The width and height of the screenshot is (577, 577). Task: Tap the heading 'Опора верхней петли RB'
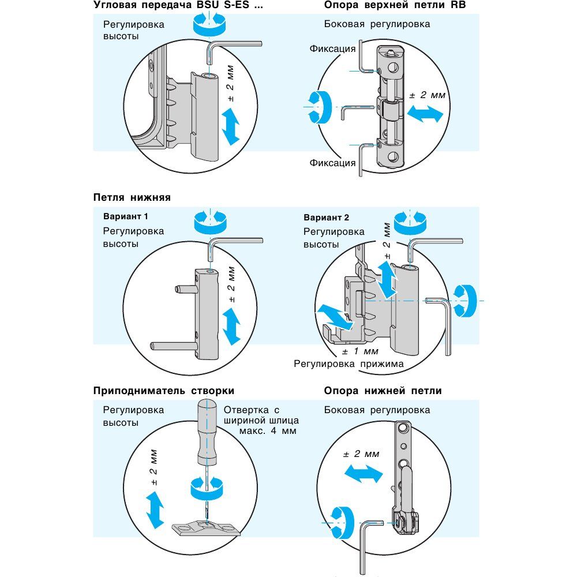[x=395, y=6]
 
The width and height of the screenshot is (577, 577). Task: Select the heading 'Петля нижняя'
[x=132, y=197]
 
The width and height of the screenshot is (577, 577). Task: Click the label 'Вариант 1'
[x=126, y=217]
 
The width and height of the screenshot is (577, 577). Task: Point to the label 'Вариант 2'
[x=326, y=218]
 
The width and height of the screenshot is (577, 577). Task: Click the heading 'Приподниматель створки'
[x=164, y=391]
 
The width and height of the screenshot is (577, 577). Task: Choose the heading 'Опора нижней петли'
[x=383, y=391]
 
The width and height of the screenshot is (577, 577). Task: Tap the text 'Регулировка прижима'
[x=349, y=364]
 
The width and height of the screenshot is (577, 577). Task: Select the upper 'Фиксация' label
[x=332, y=48]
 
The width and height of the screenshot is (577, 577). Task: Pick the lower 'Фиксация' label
[x=332, y=163]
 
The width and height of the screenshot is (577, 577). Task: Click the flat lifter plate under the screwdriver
[x=206, y=527]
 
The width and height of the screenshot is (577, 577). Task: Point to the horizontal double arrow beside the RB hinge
[x=425, y=114]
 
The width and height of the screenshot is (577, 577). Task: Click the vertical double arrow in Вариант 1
[x=231, y=325]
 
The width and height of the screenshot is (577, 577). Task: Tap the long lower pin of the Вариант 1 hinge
[x=171, y=346]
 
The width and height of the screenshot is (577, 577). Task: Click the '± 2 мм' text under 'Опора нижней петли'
[x=361, y=454]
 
